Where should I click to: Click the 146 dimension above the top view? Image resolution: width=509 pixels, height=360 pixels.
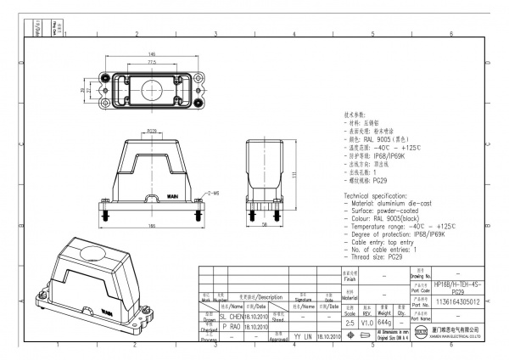151,53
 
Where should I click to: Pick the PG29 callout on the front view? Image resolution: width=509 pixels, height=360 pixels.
151,132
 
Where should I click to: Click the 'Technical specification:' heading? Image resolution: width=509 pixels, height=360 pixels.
378,195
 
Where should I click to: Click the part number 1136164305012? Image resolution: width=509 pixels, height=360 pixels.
457,301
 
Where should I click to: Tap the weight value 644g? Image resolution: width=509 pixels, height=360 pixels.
383,323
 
